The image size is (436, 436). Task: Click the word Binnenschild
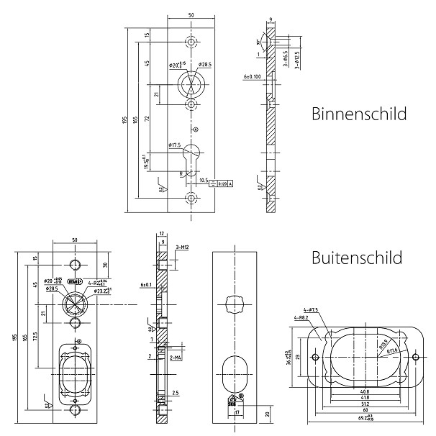pyautogui.click(x=359, y=114)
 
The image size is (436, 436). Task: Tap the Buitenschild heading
pyautogui.click(x=357, y=257)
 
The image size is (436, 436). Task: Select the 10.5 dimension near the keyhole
pyautogui.click(x=202, y=180)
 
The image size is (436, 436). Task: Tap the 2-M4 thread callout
pyautogui.click(x=174, y=356)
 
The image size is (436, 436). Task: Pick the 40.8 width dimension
pyautogui.click(x=365, y=391)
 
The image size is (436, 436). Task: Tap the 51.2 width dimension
pyautogui.click(x=365, y=405)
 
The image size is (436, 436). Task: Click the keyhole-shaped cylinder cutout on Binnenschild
pyautogui.click(x=192, y=156)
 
